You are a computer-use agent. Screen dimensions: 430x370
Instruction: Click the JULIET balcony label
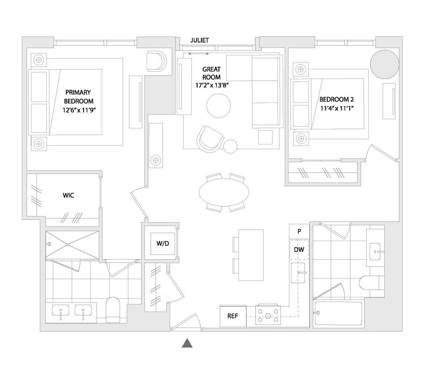tap(199, 40)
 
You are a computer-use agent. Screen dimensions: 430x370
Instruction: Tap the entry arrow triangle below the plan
tap(187, 343)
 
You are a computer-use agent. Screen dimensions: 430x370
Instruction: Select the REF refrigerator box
tap(233, 316)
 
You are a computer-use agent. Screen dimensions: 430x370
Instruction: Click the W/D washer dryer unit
tap(163, 243)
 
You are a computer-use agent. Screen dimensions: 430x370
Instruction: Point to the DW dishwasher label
tap(299, 249)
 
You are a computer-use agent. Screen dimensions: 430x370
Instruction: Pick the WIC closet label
tap(68, 195)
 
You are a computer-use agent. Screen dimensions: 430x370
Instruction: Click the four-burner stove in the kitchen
tap(268, 315)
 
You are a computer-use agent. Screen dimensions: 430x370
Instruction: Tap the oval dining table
tap(224, 192)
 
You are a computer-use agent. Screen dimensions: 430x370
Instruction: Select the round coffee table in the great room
tap(218, 105)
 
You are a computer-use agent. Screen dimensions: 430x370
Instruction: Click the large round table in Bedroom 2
tap(385, 64)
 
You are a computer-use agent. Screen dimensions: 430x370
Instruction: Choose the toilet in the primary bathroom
tap(113, 310)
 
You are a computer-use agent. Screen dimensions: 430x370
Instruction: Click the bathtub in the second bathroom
tap(338, 313)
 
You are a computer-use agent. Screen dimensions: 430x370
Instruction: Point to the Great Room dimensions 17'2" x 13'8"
tap(212, 85)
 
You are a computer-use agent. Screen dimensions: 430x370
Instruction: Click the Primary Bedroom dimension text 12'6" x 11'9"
tap(79, 110)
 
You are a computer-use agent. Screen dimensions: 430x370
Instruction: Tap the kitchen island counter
tap(251, 255)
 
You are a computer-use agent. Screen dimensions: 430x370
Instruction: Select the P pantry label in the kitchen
tap(299, 231)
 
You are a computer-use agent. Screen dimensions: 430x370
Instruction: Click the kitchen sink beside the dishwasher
tap(298, 273)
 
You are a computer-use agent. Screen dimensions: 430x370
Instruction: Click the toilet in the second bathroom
tap(369, 283)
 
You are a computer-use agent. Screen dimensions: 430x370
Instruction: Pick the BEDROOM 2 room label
tap(336, 99)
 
